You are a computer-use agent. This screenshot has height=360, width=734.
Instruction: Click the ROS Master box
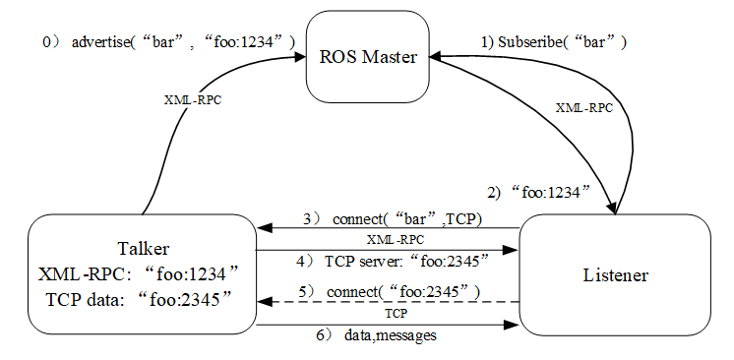(367, 57)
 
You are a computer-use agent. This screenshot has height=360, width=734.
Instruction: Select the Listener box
(615, 274)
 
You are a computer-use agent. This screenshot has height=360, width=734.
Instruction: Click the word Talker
(143, 249)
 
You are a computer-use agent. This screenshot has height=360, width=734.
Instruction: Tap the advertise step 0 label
(169, 42)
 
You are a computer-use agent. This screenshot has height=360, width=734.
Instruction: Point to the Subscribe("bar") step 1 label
(554, 42)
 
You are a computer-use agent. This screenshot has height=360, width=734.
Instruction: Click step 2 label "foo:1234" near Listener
(537, 193)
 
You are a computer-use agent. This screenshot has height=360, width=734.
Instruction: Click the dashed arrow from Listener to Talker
(388, 302)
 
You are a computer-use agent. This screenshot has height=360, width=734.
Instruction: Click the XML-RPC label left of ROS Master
(193, 100)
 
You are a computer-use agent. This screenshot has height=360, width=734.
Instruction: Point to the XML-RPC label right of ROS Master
(583, 108)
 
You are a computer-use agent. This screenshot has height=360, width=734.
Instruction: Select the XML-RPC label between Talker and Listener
(396, 240)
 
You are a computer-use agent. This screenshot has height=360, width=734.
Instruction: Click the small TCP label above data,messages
(396, 313)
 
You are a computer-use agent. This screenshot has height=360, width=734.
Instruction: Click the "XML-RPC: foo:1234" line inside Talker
(139, 274)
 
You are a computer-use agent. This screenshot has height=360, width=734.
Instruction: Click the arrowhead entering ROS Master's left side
(299, 57)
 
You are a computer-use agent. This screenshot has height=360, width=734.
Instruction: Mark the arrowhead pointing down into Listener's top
(612, 208)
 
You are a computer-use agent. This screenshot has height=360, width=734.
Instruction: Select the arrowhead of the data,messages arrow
(512, 325)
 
